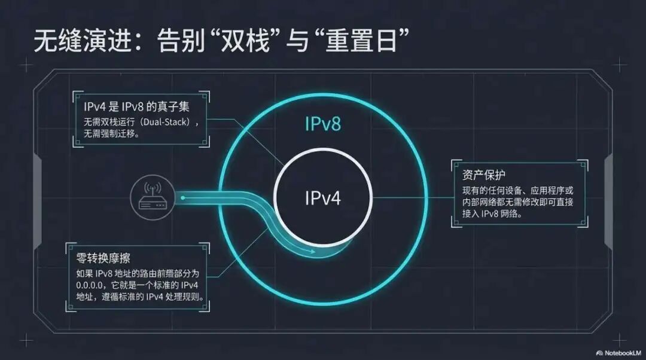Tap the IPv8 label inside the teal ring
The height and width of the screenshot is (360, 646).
click(x=323, y=124)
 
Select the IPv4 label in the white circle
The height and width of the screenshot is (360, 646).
click(x=323, y=198)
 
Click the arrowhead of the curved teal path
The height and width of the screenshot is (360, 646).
click(x=312, y=252)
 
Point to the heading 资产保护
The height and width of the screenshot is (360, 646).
click(x=484, y=176)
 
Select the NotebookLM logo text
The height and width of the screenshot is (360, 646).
click(x=622, y=352)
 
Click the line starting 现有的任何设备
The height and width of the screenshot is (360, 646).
click(x=517, y=191)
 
